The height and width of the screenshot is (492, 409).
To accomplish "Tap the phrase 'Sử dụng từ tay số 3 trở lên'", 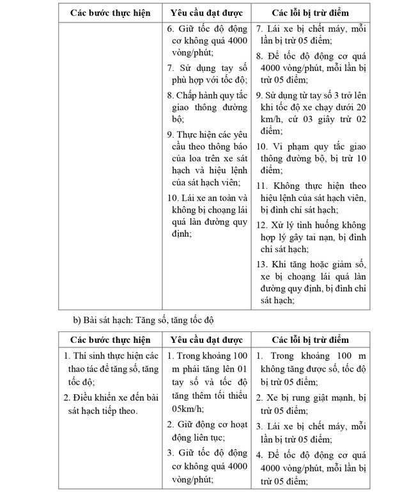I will (x=311, y=94).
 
